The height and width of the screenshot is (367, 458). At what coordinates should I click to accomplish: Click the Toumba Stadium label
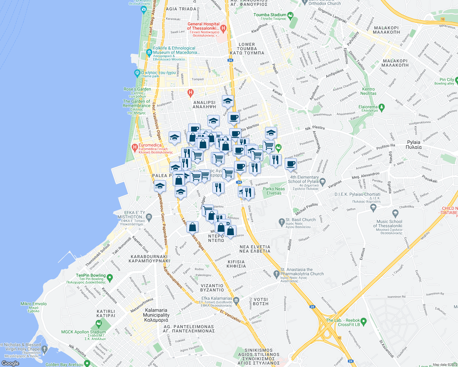tap(270, 15)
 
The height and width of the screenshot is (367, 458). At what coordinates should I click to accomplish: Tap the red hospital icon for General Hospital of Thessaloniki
tap(223, 29)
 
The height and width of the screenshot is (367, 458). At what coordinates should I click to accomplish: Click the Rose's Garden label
tap(137, 89)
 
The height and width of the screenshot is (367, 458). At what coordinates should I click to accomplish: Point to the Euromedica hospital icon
tap(134, 147)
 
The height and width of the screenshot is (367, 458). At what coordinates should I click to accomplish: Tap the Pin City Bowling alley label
tap(447, 80)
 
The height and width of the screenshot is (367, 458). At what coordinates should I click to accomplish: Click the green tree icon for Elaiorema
tap(381, 107)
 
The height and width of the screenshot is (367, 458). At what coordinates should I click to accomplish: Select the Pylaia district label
tap(414, 145)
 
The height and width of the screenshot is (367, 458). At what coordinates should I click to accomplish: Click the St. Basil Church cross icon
tap(282, 221)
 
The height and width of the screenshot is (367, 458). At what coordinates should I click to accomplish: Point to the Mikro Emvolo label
tap(34, 304)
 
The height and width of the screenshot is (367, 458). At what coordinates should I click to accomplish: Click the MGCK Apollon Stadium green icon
tap(99, 323)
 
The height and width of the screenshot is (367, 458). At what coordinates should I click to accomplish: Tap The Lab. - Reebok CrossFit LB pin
tap(363, 322)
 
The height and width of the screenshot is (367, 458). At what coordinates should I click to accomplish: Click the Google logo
tap(10, 363)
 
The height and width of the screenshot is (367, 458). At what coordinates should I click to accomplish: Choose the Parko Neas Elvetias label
tap(274, 191)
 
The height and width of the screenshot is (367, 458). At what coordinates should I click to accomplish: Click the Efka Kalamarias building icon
tap(236, 300)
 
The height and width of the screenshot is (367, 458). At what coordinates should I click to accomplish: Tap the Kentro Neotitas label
tap(368, 91)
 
